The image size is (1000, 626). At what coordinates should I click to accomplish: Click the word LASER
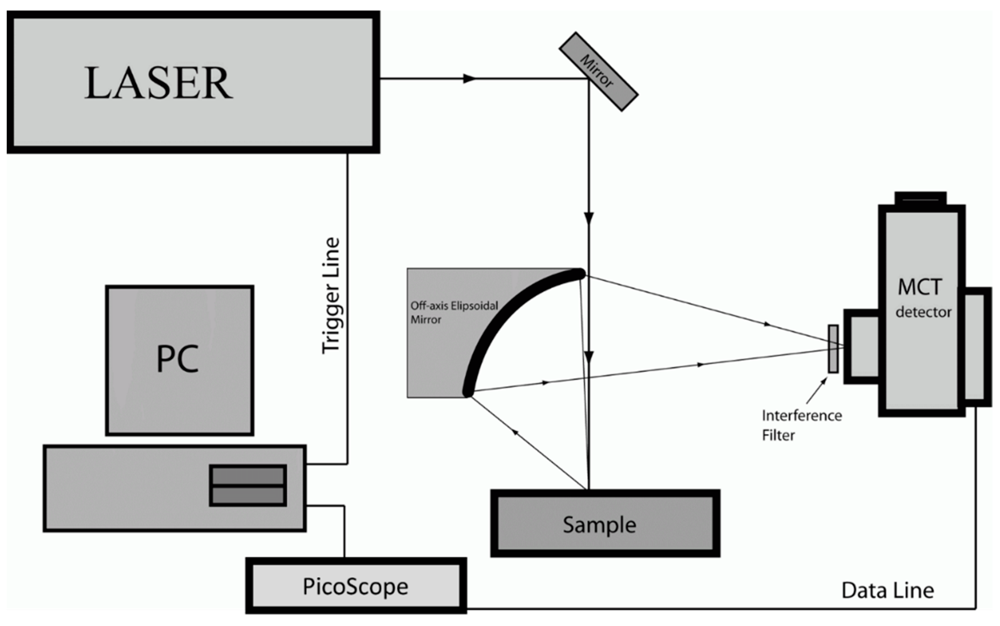(158, 83)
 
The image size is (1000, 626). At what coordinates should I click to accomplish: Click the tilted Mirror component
(598, 72)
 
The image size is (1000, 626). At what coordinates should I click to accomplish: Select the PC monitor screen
(179, 360)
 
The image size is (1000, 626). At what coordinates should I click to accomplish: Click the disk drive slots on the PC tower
(247, 485)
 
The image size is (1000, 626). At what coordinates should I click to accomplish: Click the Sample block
(605, 524)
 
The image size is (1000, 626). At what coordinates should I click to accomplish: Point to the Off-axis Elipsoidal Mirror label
(454, 312)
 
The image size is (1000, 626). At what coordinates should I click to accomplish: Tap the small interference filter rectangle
(833, 349)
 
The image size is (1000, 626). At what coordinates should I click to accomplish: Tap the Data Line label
(887, 590)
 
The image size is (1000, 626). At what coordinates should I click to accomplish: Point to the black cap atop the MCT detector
(920, 199)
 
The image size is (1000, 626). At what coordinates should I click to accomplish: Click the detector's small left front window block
(862, 346)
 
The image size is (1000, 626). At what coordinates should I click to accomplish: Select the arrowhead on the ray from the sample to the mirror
(515, 432)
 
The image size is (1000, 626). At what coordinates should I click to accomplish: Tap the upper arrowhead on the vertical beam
(589, 218)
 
